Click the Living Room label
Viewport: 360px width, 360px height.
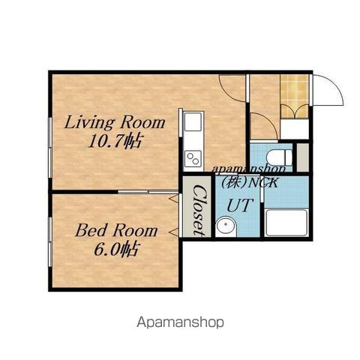[x=115, y=122]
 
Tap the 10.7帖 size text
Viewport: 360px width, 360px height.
[x=115, y=142]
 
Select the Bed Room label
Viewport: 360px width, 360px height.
[x=116, y=230]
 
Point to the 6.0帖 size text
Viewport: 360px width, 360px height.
[x=115, y=249]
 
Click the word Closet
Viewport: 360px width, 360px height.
[x=200, y=209]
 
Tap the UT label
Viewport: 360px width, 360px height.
[x=239, y=205]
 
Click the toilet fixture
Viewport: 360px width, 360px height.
[x=280, y=157]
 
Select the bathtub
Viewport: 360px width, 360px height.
[x=286, y=223]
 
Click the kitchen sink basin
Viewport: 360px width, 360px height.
[x=193, y=121]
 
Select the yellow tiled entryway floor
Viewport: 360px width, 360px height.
[x=294, y=96]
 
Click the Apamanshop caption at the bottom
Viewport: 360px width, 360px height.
[x=180, y=322]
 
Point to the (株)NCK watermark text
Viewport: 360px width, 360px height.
[x=249, y=183]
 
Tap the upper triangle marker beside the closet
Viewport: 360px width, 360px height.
[x=174, y=199]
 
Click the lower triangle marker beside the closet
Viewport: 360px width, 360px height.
[x=174, y=232]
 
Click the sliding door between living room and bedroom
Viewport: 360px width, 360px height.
[x=148, y=192]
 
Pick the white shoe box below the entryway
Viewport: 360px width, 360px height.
[x=294, y=129]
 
